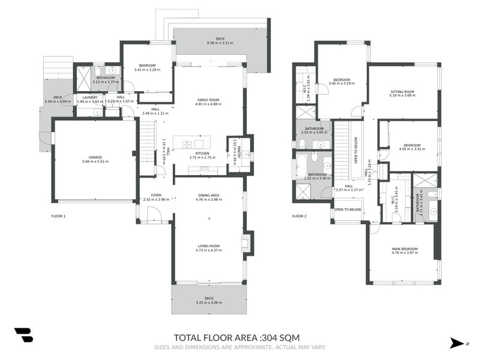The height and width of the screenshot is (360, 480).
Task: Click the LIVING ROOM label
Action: pos(209,245)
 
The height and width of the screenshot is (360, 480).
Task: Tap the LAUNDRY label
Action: pos(91,97)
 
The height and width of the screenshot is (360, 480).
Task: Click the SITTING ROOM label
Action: pos(402,92)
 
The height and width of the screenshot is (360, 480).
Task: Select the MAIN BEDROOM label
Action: pos(404,248)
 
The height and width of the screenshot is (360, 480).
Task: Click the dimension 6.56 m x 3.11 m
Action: pos(220,43)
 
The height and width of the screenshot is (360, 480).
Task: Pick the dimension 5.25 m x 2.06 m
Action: pos(209,303)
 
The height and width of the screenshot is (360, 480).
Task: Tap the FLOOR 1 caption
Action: pos(59,215)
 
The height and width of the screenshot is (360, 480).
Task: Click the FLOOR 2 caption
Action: pos(299,215)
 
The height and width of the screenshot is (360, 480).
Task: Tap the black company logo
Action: pos(24,335)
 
